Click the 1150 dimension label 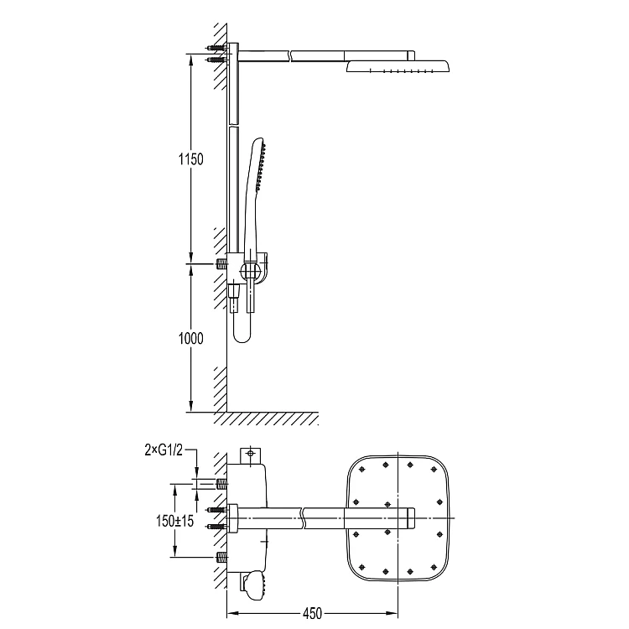191,159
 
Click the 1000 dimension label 191,339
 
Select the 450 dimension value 312,613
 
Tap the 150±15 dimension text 175,521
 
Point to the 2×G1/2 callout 164,450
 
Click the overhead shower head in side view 398,66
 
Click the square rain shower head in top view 398,518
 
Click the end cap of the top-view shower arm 410,518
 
